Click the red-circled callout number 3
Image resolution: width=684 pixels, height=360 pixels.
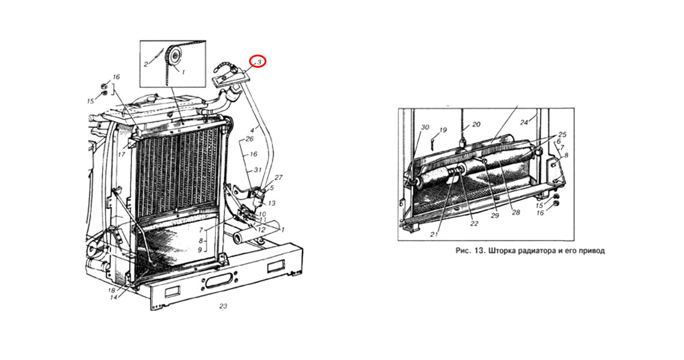click(259, 62)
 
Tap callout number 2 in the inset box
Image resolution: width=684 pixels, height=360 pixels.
click(146, 64)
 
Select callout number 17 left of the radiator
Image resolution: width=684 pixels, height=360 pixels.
click(121, 154)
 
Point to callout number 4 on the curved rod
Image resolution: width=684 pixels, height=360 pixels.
click(253, 130)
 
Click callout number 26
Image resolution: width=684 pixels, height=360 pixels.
click(250, 139)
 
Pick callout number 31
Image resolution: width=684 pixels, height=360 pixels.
click(257, 170)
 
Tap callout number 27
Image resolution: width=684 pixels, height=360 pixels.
click(278, 178)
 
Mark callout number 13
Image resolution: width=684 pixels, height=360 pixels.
click(271, 203)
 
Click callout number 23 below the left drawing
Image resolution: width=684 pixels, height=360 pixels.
click(223, 307)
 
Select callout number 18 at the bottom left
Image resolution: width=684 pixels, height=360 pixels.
click(111, 290)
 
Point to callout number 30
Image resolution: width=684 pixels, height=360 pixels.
click(425, 127)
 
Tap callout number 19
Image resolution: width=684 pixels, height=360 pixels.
click(443, 130)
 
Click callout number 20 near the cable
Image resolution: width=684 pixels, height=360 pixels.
click(476, 124)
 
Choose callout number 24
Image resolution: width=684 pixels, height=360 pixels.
click(524, 122)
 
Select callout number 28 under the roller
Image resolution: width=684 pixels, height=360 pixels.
click(515, 212)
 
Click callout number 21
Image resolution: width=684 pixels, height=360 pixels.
click(434, 235)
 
